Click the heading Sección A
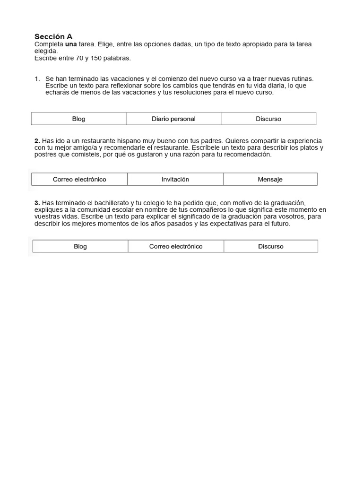53,36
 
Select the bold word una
71,44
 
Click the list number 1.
37,78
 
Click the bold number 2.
37,141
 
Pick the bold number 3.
37,203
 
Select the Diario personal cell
173,119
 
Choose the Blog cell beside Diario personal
78,119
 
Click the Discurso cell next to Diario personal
268,119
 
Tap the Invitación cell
175,180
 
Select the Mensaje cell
270,180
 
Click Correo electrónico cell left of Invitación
79,180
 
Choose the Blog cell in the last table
80,247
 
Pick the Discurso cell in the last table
271,247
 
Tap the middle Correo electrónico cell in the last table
176,247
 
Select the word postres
45,155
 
